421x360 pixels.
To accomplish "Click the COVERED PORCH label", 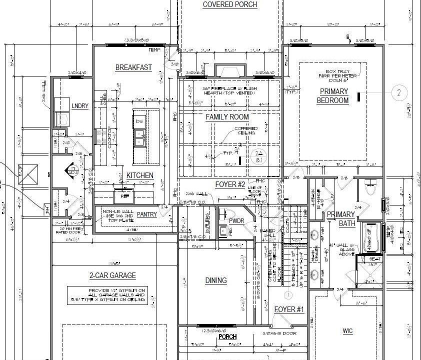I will (230, 4).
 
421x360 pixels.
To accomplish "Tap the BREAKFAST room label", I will (133, 67).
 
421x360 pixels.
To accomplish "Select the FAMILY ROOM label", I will (227, 117).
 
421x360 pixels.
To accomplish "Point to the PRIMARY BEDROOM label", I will (333, 96).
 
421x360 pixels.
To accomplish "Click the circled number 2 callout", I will (399, 92).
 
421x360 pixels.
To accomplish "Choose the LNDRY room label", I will (80, 106).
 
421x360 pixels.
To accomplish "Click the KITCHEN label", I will (140, 175).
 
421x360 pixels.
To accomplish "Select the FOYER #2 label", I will (230, 184).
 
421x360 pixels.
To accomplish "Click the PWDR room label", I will (236, 220).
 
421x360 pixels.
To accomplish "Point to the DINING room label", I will (216, 280).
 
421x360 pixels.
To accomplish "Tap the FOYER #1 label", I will (289, 309).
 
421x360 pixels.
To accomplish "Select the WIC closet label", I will (348, 331).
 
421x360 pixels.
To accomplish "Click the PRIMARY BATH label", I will (341, 219).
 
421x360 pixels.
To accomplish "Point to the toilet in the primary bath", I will (371, 189).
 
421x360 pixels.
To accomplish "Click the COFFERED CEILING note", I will (246, 131).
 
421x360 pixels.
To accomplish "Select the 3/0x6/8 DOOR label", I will (279, 333).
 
